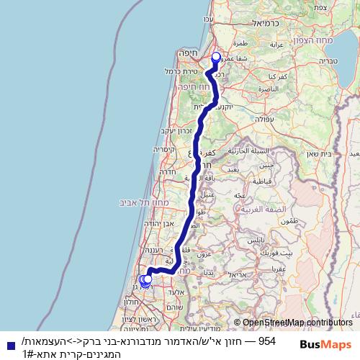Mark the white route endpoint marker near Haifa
click(215, 57)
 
